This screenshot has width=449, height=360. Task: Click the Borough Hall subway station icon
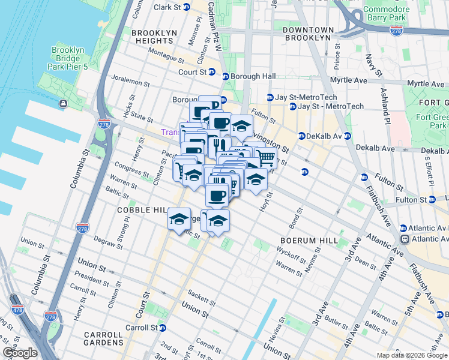226,76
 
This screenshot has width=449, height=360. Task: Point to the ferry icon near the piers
63,104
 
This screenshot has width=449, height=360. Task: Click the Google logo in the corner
19,352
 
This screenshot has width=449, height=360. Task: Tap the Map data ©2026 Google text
411,355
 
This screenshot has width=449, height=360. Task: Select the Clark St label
167,7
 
